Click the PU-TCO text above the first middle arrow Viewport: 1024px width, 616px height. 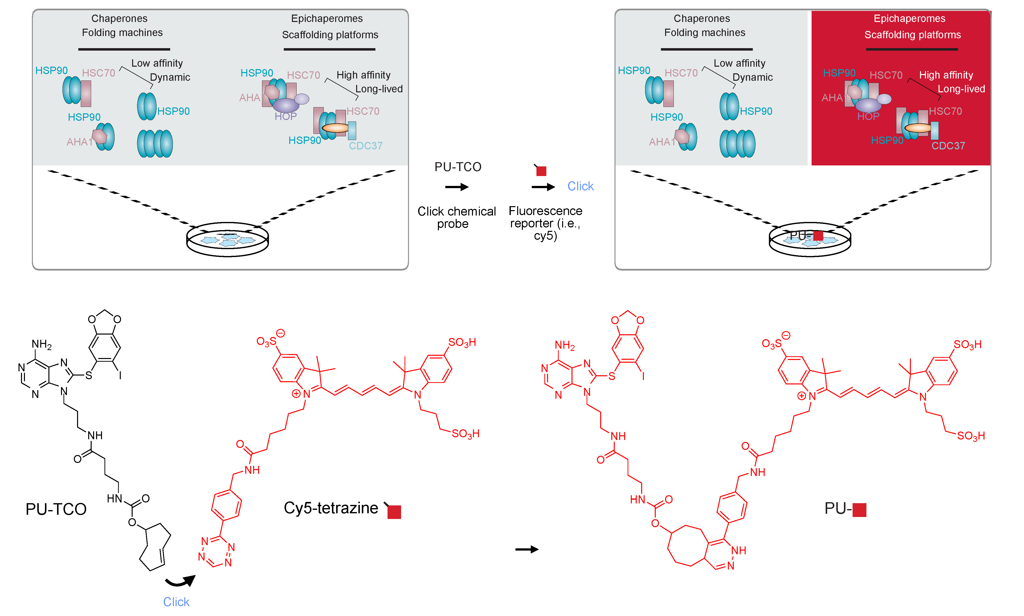pyautogui.click(x=458, y=167)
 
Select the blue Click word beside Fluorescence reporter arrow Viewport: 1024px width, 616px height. pyautogui.click(x=580, y=186)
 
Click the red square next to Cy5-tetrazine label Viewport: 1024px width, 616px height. pyautogui.click(x=394, y=512)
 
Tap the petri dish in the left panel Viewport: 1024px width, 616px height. pyautogui.click(x=227, y=239)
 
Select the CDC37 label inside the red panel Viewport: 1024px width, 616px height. pyautogui.click(x=948, y=146)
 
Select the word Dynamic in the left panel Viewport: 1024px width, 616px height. pyautogui.click(x=170, y=77)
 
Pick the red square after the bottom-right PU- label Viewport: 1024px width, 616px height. pyautogui.click(x=859, y=510)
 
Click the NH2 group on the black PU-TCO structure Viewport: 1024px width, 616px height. pyautogui.click(x=41, y=344)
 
